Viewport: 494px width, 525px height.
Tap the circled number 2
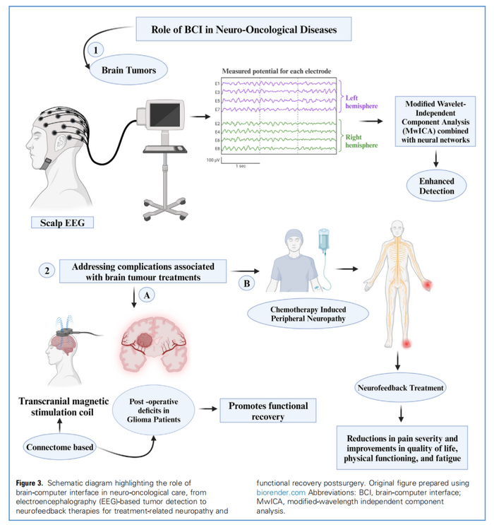(x=47, y=271)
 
